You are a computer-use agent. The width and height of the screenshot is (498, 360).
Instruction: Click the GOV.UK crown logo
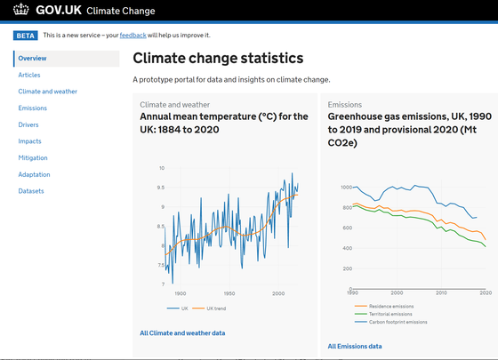click(x=20, y=11)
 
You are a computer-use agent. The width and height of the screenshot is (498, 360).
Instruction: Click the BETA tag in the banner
click(x=25, y=35)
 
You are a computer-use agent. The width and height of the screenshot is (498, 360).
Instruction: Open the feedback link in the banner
click(x=133, y=35)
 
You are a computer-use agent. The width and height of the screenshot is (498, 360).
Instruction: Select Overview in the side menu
click(x=32, y=59)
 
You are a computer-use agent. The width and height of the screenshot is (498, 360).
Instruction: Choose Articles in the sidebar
click(x=29, y=75)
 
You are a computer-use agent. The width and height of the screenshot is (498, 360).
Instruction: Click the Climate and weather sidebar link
click(x=47, y=92)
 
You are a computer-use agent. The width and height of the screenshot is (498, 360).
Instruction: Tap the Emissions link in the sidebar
click(x=32, y=108)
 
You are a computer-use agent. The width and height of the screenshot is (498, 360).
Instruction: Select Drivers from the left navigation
click(x=28, y=124)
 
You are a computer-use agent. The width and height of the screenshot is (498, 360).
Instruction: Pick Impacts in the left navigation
click(x=29, y=141)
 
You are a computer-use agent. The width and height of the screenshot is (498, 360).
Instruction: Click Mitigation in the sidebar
click(x=33, y=158)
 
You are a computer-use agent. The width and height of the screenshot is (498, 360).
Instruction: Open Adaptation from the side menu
click(x=34, y=174)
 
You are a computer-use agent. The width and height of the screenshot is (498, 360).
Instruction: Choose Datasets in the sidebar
click(x=31, y=191)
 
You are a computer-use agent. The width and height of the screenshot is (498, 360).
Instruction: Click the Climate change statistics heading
click(x=218, y=59)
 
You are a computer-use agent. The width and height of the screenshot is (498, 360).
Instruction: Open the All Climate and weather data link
click(x=182, y=333)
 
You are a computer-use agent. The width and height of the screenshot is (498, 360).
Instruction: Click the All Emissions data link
click(x=355, y=346)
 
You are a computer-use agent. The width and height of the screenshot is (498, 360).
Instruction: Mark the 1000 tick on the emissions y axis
click(x=335, y=188)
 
